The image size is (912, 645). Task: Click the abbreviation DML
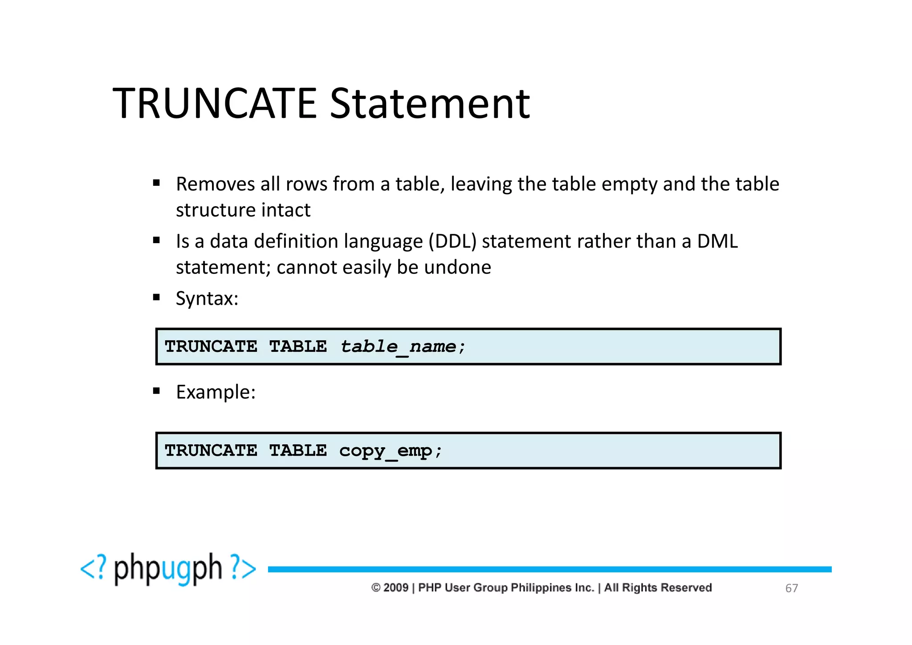tap(717, 241)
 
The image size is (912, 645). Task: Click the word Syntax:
tap(207, 298)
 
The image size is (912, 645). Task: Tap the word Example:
tap(216, 392)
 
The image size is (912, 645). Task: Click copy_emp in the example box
tap(386, 451)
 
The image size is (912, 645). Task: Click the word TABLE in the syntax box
tap(298, 347)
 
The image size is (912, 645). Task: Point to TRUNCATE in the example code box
tap(211, 451)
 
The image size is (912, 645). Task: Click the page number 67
tap(791, 588)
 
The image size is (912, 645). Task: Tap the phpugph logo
tap(168, 569)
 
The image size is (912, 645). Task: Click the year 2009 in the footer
tap(396, 588)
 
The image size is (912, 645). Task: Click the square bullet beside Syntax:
tap(156, 297)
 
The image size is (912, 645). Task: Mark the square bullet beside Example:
tap(156, 391)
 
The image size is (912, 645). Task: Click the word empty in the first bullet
tap(629, 184)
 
